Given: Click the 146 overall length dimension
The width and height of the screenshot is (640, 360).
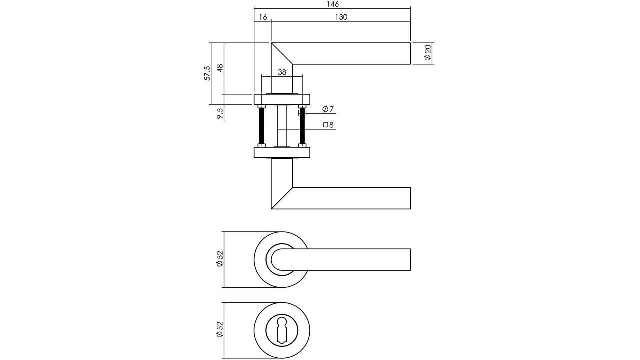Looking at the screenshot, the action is (333, 4).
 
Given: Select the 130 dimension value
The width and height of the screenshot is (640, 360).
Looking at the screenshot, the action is (341, 17).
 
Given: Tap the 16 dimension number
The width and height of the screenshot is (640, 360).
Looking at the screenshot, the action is (263, 17).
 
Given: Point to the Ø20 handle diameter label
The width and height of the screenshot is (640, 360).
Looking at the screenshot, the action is (427, 53).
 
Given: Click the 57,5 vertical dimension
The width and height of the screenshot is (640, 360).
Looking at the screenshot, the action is (207, 73).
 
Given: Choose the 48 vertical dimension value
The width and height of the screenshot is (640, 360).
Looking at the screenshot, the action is (220, 68).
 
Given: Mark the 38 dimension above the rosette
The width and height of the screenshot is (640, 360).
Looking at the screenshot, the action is (282, 72).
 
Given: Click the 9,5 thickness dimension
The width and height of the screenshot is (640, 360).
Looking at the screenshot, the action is (220, 114).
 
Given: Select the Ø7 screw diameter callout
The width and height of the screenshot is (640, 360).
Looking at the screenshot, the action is (328, 109).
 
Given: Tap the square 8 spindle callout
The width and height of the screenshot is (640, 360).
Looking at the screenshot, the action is (328, 125).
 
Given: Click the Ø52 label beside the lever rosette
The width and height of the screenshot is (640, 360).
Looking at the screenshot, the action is (219, 259).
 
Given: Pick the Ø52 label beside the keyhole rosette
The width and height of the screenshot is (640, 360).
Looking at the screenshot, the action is (219, 329).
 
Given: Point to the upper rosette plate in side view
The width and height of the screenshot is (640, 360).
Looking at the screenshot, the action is (282, 99).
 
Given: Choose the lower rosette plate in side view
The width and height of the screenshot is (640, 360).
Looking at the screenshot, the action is (282, 152).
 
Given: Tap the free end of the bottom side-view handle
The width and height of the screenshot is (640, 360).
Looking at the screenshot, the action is (410, 198).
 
